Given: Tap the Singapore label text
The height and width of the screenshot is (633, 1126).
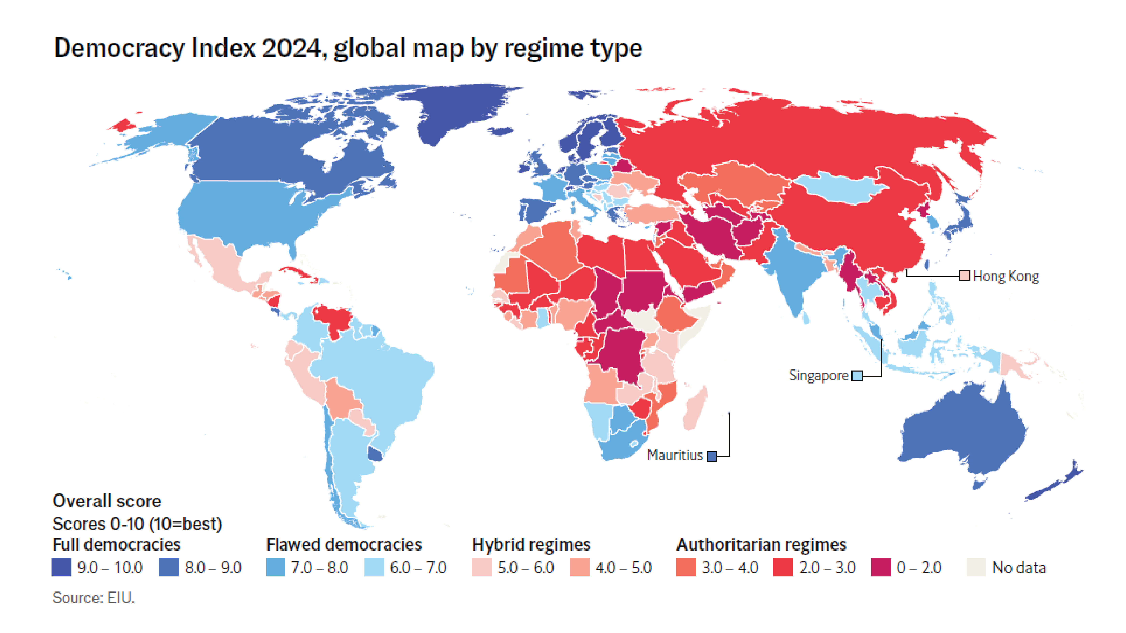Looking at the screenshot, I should (818, 375).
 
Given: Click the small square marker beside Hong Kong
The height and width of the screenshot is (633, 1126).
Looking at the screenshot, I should (964, 276).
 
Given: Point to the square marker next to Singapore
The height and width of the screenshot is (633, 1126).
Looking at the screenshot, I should (857, 376).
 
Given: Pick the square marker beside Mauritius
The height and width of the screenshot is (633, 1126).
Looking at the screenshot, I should (712, 456).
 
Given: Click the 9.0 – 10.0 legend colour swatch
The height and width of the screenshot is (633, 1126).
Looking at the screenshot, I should (61, 568).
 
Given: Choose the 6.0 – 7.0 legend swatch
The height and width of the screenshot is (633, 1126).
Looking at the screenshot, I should (374, 568).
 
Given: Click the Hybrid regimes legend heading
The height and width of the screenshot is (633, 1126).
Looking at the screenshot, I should (531, 545).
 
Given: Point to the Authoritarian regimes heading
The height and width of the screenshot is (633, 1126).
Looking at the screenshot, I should (761, 545).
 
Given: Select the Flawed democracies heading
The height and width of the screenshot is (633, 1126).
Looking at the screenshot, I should (344, 545).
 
